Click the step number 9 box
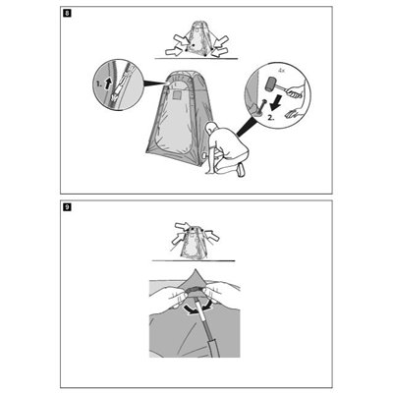(x=67, y=207)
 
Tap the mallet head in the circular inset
(x=271, y=84)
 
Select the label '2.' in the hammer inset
(x=271, y=118)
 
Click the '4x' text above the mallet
(x=281, y=70)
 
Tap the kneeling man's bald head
(x=212, y=128)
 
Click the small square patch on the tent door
(x=177, y=95)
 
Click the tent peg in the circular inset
(x=262, y=107)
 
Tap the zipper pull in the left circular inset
(x=116, y=96)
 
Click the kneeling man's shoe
(x=242, y=170)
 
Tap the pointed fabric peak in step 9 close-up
(x=196, y=278)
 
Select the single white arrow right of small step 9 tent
(x=212, y=235)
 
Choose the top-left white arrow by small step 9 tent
(x=182, y=226)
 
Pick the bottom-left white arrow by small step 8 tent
(x=173, y=51)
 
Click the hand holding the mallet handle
(x=296, y=91)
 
